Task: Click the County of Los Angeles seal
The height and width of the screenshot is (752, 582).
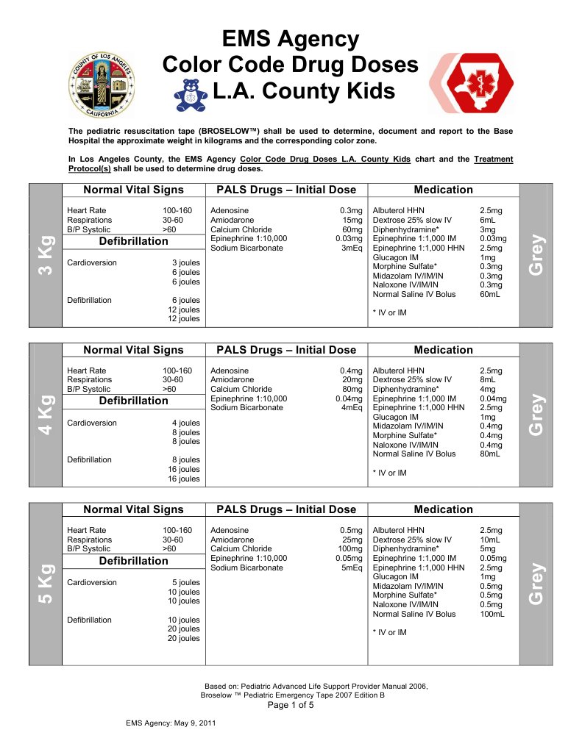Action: point(102,86)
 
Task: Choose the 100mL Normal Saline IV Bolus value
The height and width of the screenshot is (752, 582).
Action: point(491,614)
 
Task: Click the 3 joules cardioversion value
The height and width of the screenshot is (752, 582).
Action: point(185,262)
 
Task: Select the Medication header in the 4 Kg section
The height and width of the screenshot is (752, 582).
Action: point(443,350)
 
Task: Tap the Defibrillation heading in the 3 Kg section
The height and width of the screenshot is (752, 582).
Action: point(133,241)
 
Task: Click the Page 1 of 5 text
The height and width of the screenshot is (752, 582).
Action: point(290,705)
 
